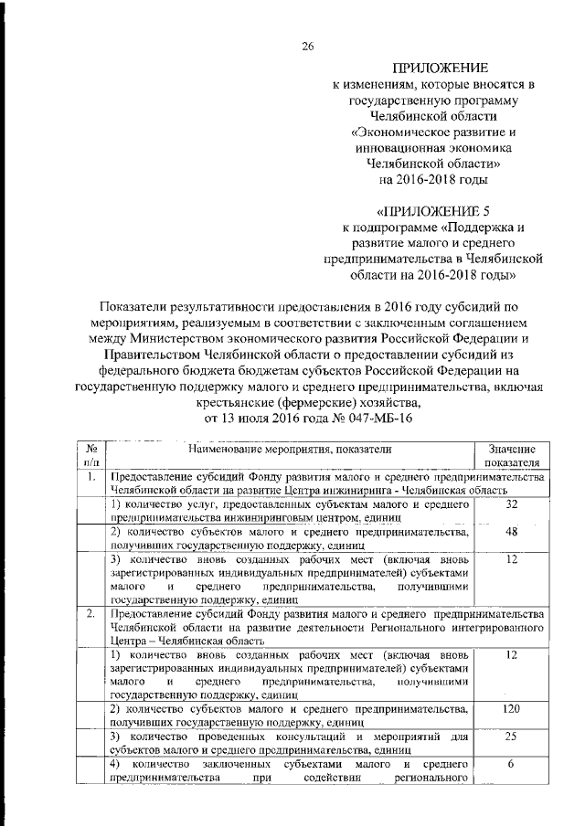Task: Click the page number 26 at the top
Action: click(x=308, y=48)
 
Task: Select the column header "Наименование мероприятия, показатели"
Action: click(x=291, y=449)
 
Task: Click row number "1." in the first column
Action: click(x=91, y=477)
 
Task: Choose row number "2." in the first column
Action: click(x=91, y=612)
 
